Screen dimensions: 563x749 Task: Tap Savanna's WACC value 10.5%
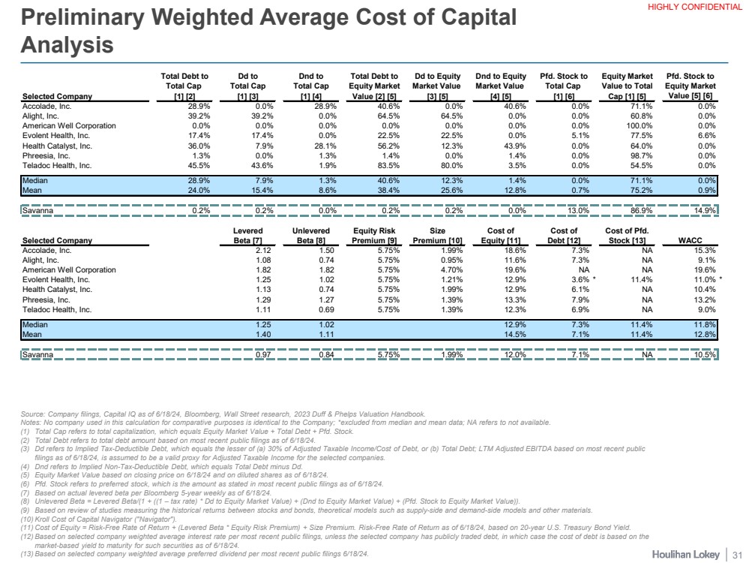pyautogui.click(x=703, y=354)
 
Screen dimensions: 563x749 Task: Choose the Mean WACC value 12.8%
pyautogui.click(x=703, y=334)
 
